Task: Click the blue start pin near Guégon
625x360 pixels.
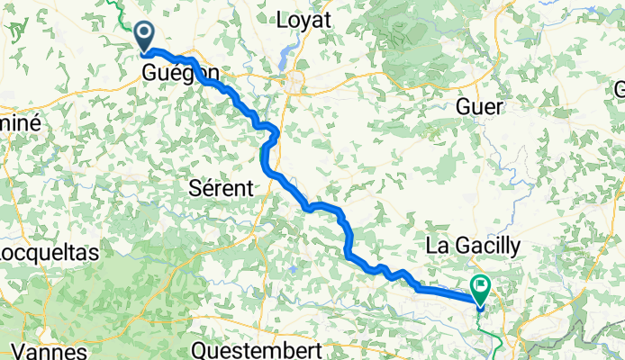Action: point(145,37)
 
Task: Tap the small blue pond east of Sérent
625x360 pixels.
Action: point(294,268)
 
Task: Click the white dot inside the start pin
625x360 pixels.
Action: point(145,34)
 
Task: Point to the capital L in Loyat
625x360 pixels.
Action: point(282,19)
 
